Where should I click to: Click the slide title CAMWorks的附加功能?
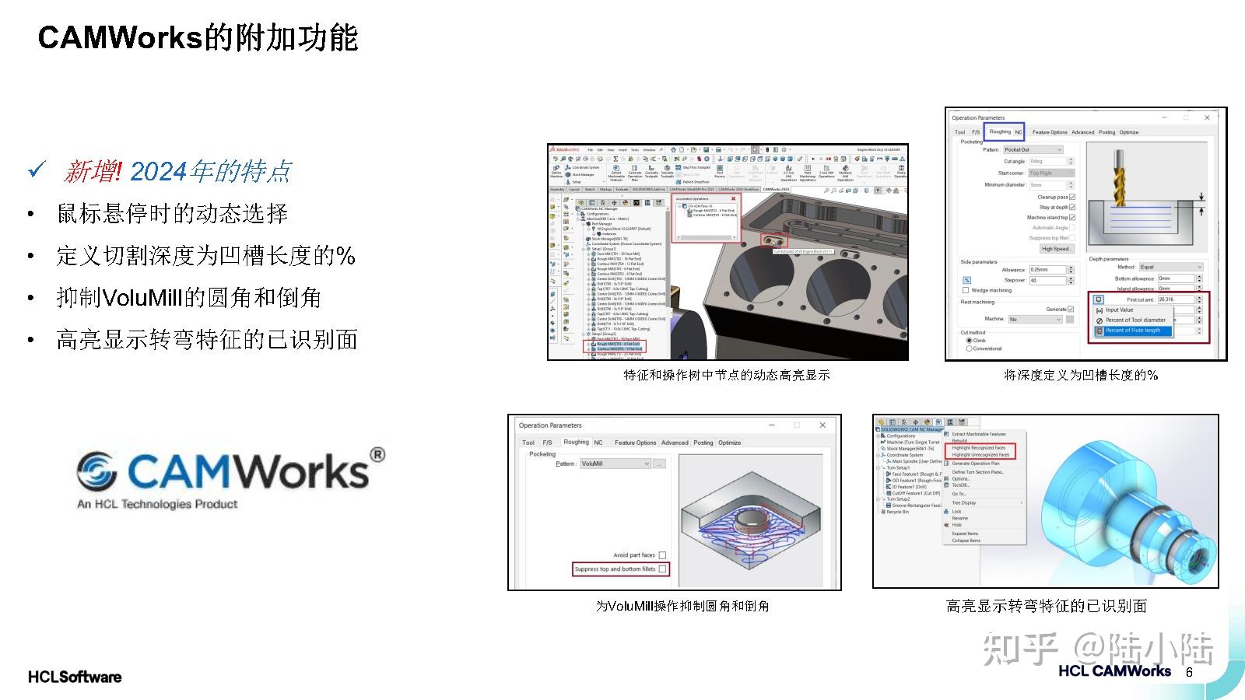198,37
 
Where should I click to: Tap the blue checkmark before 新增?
37,170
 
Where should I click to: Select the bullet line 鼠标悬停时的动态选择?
172,213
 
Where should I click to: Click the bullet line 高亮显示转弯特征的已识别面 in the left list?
206,339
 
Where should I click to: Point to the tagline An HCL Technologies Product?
157,504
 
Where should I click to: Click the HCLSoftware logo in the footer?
75,677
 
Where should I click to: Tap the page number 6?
1189,673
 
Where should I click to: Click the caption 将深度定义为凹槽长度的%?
1081,375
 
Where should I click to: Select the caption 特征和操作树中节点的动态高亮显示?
727,375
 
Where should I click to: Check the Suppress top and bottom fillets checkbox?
662,569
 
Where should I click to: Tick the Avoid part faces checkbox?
662,555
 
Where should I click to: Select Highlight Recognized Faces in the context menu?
978,448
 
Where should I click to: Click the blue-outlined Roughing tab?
1000,131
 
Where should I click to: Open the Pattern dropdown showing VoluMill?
615,464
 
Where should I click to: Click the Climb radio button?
969,341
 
